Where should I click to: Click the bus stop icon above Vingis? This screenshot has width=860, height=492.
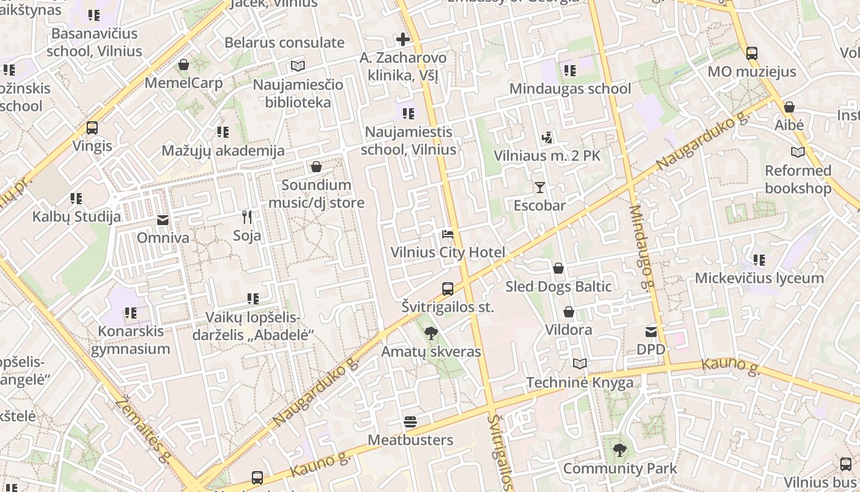pyautogui.click(x=92, y=128)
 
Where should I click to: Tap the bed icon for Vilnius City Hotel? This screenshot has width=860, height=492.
pyautogui.click(x=448, y=234)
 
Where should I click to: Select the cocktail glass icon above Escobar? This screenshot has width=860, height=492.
pyautogui.click(x=539, y=187)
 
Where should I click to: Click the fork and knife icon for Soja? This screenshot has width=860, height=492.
pyautogui.click(x=247, y=217)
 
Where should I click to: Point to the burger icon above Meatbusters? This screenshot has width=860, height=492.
pyautogui.click(x=410, y=422)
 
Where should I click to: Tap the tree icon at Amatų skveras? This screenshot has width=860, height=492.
pyautogui.click(x=431, y=333)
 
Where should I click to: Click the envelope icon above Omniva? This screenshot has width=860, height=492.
pyautogui.click(x=163, y=220)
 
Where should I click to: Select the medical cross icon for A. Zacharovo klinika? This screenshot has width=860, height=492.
pyautogui.click(x=403, y=40)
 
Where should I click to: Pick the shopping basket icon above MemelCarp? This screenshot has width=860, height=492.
pyautogui.click(x=184, y=65)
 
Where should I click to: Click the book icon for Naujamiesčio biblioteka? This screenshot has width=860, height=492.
pyautogui.click(x=298, y=66)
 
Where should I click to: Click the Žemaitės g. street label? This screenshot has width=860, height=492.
pyautogui.click(x=142, y=430)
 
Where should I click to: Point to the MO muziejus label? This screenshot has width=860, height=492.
pyautogui.click(x=752, y=72)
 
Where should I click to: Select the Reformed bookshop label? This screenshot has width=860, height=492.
pyautogui.click(x=798, y=180)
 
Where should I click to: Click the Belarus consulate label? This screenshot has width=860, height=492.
pyautogui.click(x=284, y=42)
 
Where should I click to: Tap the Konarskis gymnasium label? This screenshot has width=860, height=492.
pyautogui.click(x=130, y=340)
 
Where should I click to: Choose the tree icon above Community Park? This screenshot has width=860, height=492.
pyautogui.click(x=620, y=450)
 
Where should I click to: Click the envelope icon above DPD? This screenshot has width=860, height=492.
pyautogui.click(x=651, y=332)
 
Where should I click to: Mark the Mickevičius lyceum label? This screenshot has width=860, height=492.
pyautogui.click(x=759, y=278)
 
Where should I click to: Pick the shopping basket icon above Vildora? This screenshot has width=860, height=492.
pyautogui.click(x=569, y=312)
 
